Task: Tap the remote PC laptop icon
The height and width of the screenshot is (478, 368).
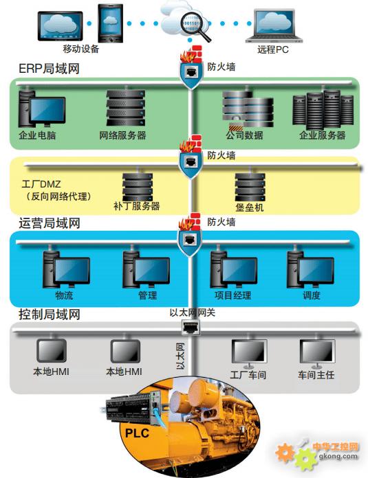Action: tap(274, 26)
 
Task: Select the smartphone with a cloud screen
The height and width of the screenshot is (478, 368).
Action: tap(110, 23)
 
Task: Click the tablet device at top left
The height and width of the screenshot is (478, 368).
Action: tap(60, 26)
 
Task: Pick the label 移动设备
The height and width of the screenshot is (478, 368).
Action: tap(81, 49)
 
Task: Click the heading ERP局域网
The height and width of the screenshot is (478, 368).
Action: tap(49, 69)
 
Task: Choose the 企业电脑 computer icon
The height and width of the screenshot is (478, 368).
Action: tap(41, 109)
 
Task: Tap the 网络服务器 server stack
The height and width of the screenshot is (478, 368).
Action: tap(125, 108)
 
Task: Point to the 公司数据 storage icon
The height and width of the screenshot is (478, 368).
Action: tap(248, 109)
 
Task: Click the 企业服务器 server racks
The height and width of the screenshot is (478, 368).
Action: tap(323, 110)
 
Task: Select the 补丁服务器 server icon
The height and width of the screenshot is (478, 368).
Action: tap(137, 187)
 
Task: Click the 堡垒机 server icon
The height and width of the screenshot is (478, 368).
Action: tap(250, 187)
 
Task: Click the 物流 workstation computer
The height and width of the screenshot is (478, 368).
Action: tap(66, 269)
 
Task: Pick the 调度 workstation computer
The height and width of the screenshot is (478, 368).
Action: tap(311, 269)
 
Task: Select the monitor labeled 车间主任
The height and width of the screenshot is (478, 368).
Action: tap(317, 354)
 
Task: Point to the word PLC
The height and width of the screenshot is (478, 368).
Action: tap(137, 433)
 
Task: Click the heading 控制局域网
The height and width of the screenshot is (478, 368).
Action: tap(50, 315)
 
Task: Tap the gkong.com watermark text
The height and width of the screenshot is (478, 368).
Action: tap(338, 456)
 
